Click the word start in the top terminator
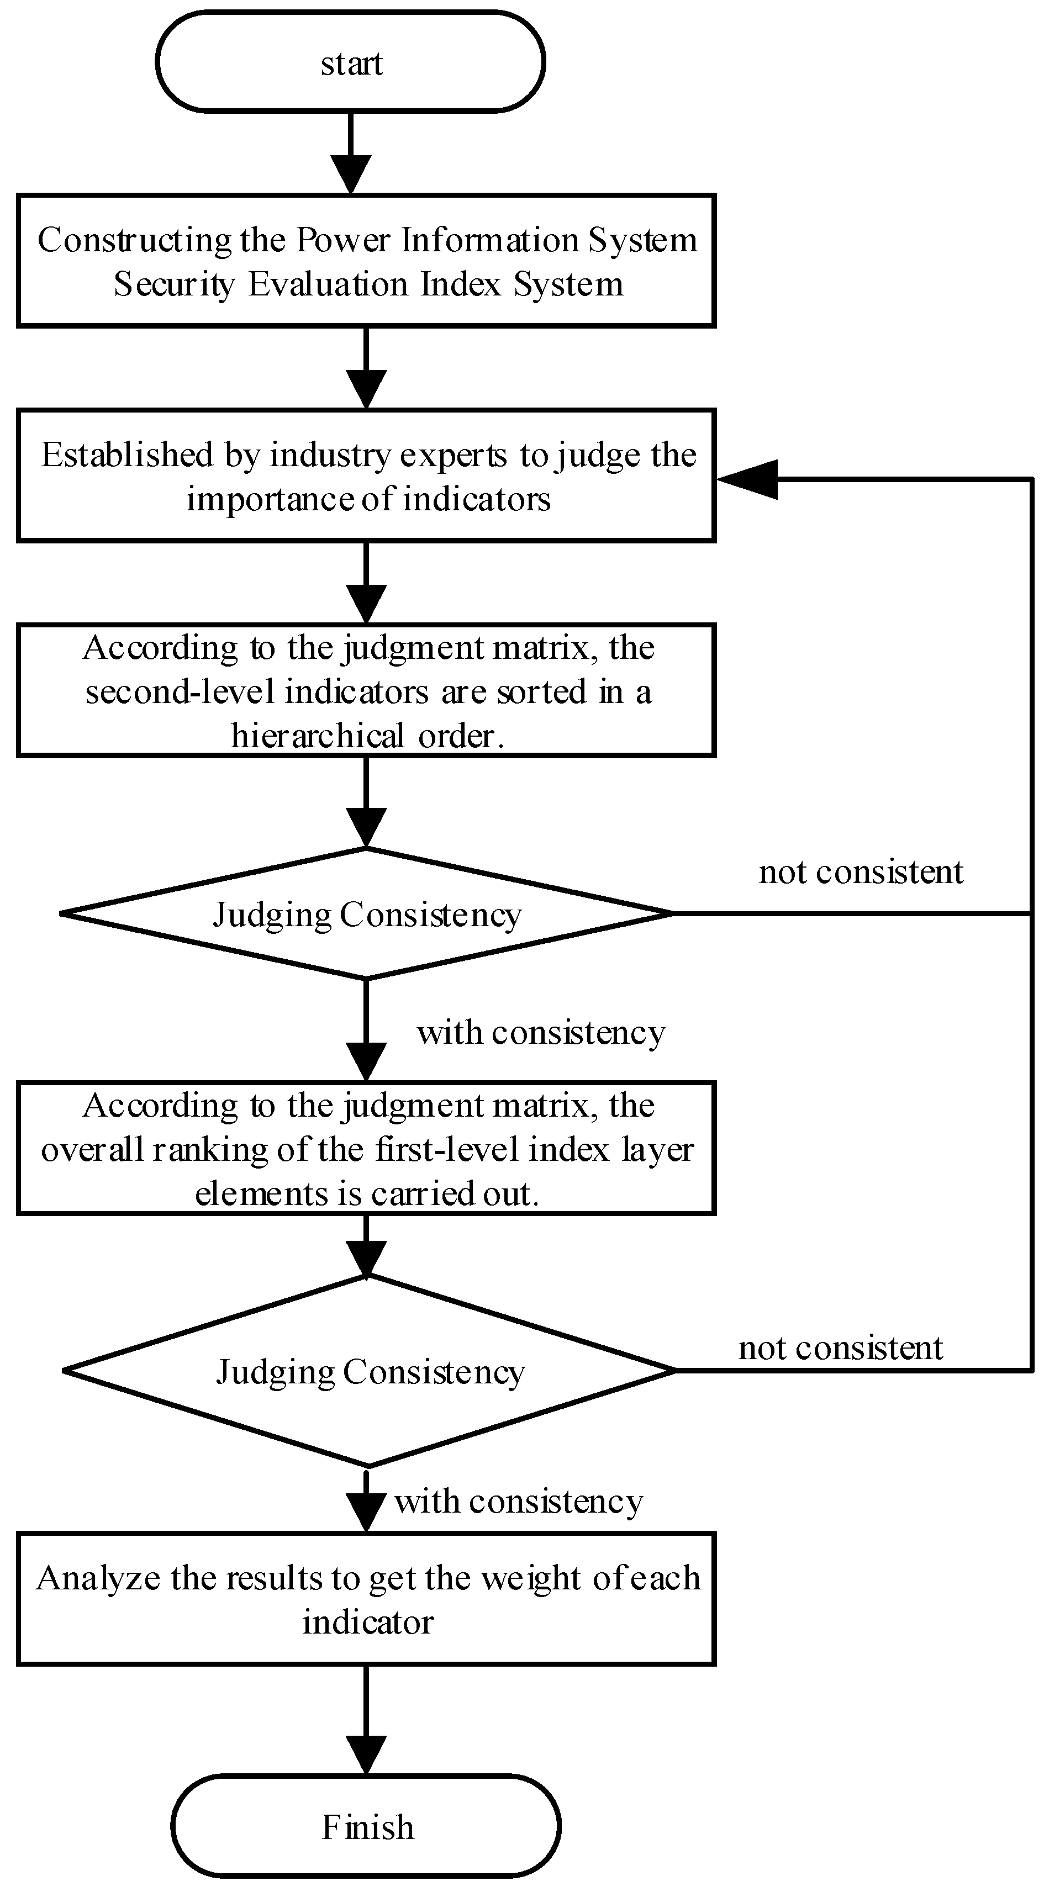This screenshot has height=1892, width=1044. pyautogui.click(x=351, y=64)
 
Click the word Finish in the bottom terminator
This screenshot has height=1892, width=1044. pyautogui.click(x=367, y=1827)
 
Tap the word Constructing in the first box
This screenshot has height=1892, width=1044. pyautogui.click(x=134, y=240)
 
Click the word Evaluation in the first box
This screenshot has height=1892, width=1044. pyautogui.click(x=327, y=284)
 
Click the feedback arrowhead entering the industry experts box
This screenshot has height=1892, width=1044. pyautogui.click(x=748, y=479)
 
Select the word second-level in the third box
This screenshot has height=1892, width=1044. pyautogui.click(x=180, y=692)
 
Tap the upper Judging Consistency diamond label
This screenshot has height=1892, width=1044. pyautogui.click(x=367, y=915)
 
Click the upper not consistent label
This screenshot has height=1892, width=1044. pyautogui.click(x=860, y=872)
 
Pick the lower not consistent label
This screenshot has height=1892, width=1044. pyautogui.click(x=840, y=1347)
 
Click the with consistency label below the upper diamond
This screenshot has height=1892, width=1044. pyautogui.click(x=541, y=1032)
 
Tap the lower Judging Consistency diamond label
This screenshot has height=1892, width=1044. pyautogui.click(x=370, y=1371)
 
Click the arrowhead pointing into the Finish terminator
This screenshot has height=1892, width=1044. pyautogui.click(x=366, y=1754)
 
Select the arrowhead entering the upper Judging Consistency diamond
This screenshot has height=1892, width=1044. pyautogui.click(x=366, y=828)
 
